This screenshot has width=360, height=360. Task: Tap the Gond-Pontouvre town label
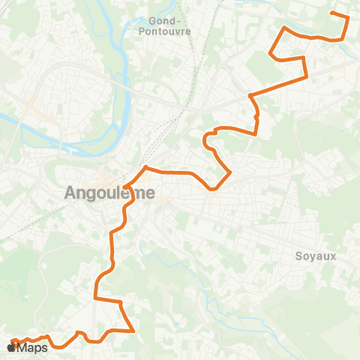[x=166, y=26]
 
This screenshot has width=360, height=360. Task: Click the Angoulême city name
[x=109, y=193]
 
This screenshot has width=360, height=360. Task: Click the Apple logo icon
[x=11, y=348]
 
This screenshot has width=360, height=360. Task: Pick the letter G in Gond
[x=153, y=21]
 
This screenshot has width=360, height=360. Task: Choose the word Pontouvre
[x=166, y=31]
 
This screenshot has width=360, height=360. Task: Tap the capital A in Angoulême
[x=70, y=193]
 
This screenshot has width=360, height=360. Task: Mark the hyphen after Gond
[x=180, y=21]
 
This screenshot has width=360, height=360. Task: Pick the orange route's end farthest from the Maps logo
[x=331, y=13]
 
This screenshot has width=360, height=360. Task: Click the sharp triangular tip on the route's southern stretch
[x=133, y=330]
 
